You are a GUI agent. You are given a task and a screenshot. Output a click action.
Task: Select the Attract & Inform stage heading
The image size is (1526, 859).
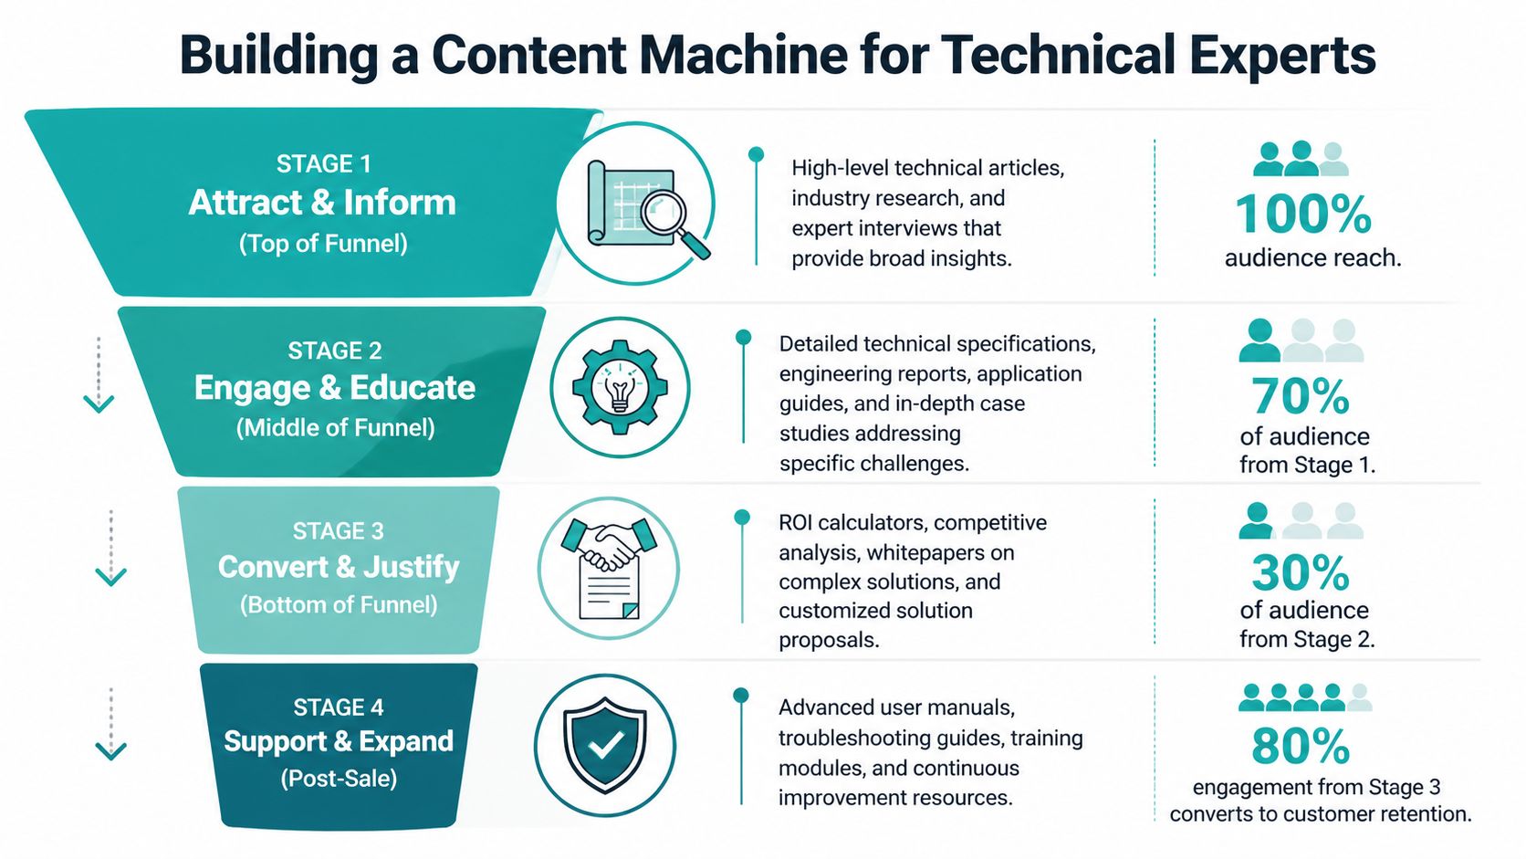[322, 203]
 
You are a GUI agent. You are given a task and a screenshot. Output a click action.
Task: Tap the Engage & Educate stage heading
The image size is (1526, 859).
[335, 388]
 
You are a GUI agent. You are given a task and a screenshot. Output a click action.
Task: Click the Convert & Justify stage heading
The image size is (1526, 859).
[339, 567]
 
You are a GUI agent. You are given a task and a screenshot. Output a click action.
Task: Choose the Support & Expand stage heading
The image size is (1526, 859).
[339, 741]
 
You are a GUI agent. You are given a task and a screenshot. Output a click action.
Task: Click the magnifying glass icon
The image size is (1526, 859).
[674, 218]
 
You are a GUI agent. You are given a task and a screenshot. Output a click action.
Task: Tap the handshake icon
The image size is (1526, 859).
[609, 545]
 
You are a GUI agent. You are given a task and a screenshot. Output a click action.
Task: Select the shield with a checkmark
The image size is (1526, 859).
[605, 745]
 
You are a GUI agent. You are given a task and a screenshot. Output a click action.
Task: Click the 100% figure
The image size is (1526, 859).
[1302, 215]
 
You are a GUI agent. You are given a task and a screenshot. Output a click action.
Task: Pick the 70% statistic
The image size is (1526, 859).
[1300, 397]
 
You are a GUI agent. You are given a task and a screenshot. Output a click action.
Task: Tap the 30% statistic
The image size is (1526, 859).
[1300, 573]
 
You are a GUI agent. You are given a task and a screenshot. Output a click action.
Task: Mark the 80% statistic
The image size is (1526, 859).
[1301, 747]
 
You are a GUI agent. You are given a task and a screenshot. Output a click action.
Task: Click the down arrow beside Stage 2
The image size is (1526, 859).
[99, 402]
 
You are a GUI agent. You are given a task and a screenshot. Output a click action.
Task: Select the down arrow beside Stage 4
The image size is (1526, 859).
[111, 749]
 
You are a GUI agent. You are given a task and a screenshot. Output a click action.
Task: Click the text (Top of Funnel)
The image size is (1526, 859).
[323, 244]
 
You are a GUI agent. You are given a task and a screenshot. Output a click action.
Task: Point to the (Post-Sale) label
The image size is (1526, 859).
[339, 779]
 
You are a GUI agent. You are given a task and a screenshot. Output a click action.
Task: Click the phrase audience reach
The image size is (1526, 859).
[1312, 258]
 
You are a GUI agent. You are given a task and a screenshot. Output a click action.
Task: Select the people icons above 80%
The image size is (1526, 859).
[1304, 697]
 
